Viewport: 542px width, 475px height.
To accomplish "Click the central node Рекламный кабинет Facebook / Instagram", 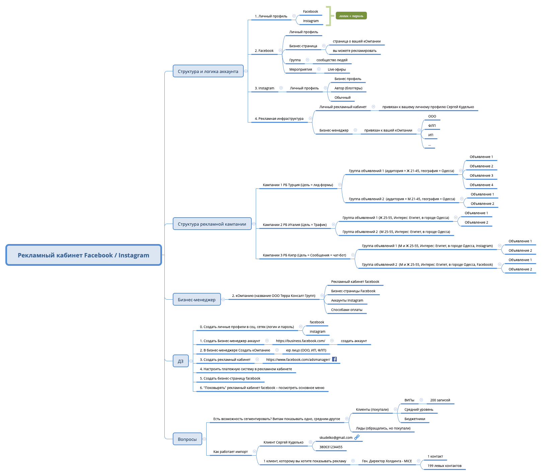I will (x=83, y=255).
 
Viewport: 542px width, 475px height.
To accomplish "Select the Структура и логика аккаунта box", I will (x=208, y=71).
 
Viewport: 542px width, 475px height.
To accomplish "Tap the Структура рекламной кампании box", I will (x=212, y=224).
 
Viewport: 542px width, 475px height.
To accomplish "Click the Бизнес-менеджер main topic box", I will (x=197, y=300).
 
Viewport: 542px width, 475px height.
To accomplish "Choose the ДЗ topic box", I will (x=180, y=361).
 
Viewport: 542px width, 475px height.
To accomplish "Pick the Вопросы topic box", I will (x=187, y=439).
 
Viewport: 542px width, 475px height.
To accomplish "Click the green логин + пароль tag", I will (x=351, y=16).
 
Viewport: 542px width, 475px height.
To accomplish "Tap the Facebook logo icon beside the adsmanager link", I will (x=334, y=359).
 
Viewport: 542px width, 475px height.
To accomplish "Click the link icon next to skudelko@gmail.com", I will (x=357, y=437).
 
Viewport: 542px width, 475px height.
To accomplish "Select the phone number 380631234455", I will (x=331, y=447).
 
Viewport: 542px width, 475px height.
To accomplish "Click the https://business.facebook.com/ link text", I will (x=300, y=341).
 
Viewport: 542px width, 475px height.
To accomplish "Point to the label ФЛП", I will (x=432, y=126).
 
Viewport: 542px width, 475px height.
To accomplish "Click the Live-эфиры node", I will (x=337, y=69).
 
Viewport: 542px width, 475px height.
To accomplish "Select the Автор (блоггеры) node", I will (x=348, y=88).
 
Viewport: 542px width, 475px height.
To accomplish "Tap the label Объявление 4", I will (x=481, y=185).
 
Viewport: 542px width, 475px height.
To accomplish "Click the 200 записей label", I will (x=440, y=400).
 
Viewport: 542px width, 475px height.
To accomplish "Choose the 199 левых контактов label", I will (x=444, y=466).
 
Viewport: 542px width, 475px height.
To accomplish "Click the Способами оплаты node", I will (x=346, y=310).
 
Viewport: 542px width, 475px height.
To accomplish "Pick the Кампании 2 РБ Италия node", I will (x=295, y=225).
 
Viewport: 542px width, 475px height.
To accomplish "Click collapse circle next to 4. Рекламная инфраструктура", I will (x=310, y=118).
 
